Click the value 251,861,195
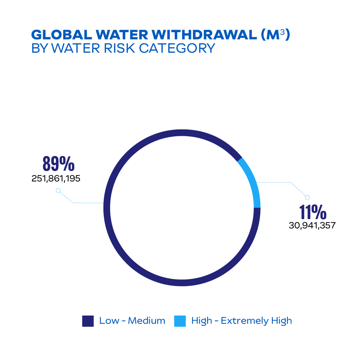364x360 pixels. (x=56, y=178)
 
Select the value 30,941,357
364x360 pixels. (x=312, y=226)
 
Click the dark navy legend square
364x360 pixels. (x=88, y=321)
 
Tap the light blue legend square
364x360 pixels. (x=180, y=321)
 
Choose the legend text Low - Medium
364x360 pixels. (x=132, y=321)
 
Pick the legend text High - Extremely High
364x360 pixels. (x=242, y=321)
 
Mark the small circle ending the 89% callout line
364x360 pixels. (x=58, y=191)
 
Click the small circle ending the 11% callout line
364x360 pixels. (x=307, y=197)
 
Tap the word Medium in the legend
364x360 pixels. (x=146, y=321)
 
